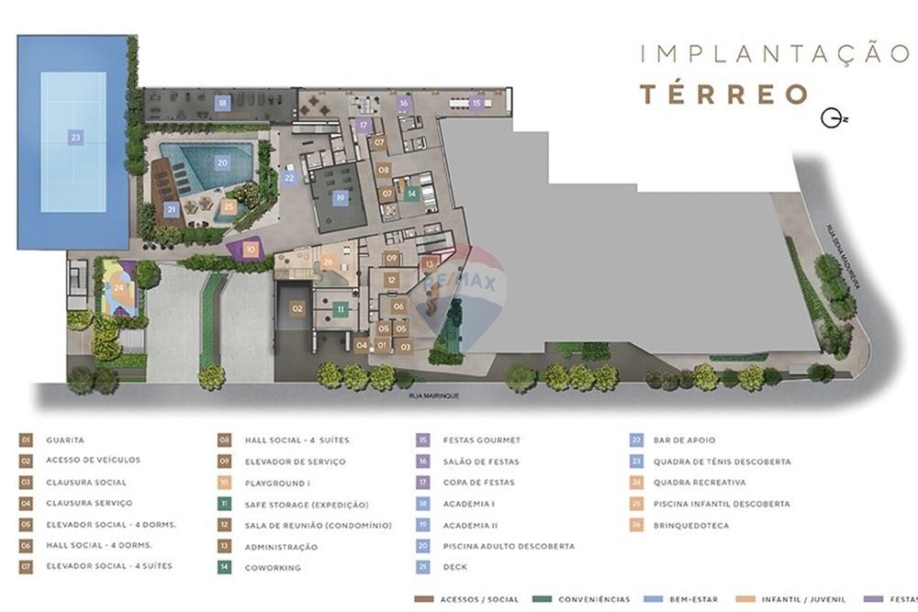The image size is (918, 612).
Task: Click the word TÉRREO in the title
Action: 724,94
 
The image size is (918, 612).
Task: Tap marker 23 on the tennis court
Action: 76,138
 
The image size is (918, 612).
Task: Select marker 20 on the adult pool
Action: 222,162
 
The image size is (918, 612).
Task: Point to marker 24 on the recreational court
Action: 120,287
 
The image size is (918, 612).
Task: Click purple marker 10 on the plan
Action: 251,249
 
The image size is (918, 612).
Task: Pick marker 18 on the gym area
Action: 223,104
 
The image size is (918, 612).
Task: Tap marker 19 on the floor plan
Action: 340,197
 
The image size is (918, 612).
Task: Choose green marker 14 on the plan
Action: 412,194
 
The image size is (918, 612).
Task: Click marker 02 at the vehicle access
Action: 297,309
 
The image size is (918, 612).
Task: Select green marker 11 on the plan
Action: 341,310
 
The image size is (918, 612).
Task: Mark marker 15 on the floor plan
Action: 476,104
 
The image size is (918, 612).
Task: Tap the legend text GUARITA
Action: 65,440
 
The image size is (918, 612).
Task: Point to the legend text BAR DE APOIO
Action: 684,440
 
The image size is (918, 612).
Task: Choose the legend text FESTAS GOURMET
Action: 481,440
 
